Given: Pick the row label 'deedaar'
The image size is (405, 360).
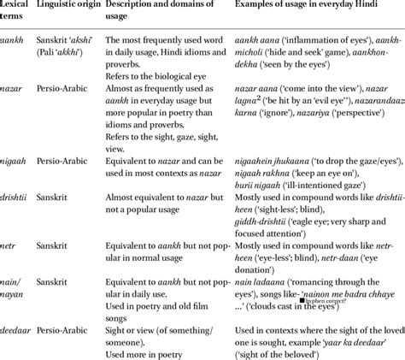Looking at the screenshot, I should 17,328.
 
